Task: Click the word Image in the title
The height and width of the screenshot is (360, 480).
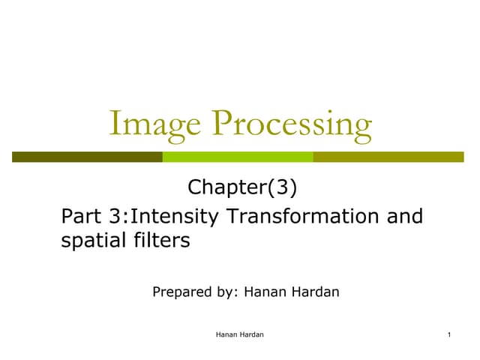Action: pos(152,124)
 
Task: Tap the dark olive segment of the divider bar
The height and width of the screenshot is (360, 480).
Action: pos(87,157)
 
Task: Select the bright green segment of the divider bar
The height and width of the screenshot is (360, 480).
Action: pos(237,157)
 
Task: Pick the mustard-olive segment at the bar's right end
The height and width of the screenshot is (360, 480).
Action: pos(388,157)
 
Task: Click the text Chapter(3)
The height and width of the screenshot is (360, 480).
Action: pos(237,187)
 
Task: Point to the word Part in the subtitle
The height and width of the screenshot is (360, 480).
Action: pos(82,217)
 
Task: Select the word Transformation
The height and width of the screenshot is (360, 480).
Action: pos(305,217)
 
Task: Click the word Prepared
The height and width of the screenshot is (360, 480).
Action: pos(182,291)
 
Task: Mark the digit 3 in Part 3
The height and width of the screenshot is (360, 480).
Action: pos(117,217)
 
